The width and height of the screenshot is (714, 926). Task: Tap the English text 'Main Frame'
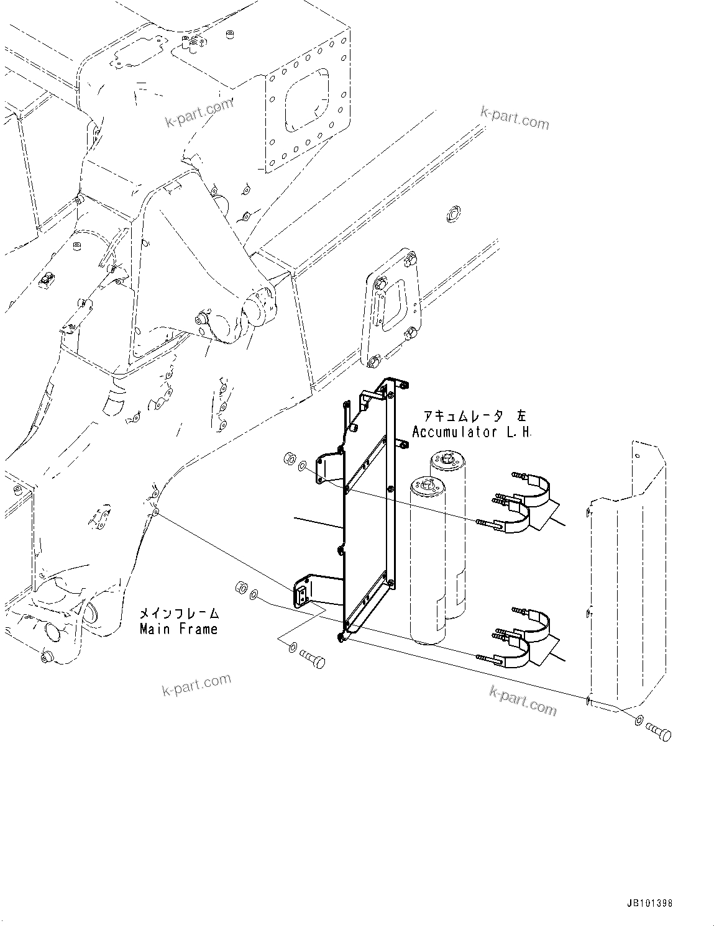(178, 629)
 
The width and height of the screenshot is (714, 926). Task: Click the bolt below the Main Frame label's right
(313, 660)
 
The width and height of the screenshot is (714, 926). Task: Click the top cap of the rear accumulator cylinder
(446, 460)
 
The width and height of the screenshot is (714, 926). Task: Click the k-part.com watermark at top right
(515, 118)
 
